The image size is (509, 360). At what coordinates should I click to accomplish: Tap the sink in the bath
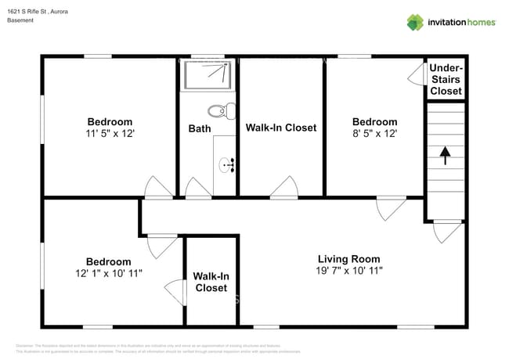click(227, 164)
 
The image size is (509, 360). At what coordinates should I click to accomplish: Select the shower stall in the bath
click(208, 75)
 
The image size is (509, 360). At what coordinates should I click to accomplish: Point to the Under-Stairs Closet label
click(446, 80)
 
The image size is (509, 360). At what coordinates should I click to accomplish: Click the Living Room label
click(348, 259)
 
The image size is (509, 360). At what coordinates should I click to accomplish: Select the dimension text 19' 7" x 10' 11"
click(348, 271)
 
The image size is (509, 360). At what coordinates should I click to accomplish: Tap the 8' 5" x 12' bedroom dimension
click(374, 134)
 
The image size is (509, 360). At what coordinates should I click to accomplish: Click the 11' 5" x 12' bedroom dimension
click(110, 134)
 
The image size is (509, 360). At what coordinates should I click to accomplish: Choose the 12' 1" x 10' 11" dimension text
click(108, 274)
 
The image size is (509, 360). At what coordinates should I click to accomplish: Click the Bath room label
click(199, 128)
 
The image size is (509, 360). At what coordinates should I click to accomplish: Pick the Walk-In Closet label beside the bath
click(281, 128)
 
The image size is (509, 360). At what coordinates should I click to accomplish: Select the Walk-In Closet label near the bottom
click(211, 282)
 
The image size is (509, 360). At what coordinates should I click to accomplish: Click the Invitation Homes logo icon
click(414, 22)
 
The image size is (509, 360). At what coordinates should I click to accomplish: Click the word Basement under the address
click(21, 20)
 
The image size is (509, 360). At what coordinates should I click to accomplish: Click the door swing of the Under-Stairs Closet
click(417, 74)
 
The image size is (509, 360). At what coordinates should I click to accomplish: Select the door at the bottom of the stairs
click(448, 231)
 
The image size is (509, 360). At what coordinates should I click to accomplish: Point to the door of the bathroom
click(198, 189)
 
